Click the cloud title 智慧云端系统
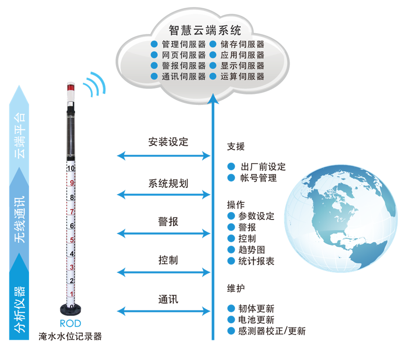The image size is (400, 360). (205, 30)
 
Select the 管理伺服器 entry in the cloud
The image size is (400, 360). (183, 44)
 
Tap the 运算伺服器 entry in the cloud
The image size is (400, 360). (242, 76)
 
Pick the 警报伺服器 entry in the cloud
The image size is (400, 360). (183, 66)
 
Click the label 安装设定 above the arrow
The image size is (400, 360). (168, 142)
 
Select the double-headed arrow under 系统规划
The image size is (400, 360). (164, 194)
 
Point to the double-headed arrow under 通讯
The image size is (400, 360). (164, 312)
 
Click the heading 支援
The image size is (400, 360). (236, 147)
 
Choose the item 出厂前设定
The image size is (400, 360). (263, 167)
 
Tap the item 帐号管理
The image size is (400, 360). (258, 178)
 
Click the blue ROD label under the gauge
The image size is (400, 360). (71, 324)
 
